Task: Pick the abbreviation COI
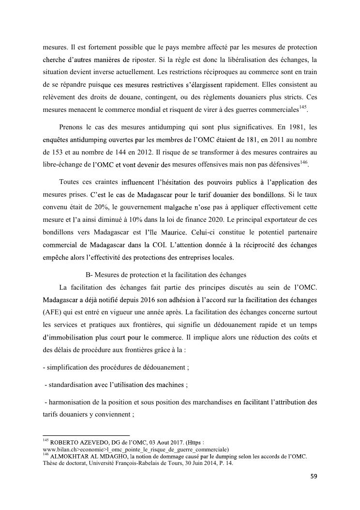tap(159, 245)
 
